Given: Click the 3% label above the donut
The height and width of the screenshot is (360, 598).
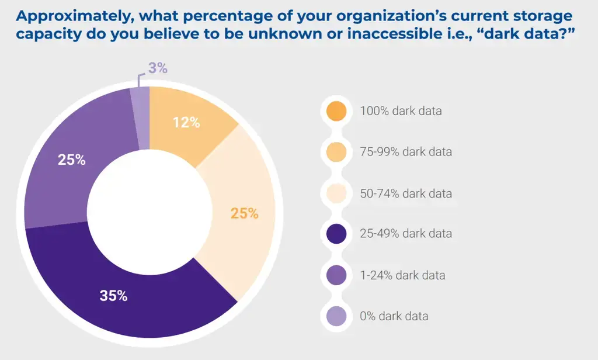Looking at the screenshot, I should (x=158, y=68).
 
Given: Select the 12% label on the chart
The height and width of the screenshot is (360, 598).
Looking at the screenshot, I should (x=186, y=123).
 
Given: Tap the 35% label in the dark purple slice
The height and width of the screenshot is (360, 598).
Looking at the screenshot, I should (x=113, y=296).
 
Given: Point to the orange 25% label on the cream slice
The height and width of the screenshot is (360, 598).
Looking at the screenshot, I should (x=244, y=213).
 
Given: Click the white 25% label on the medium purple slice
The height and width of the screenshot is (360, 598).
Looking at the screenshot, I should (x=72, y=160).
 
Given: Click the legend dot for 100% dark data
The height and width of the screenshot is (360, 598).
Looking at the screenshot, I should (x=336, y=110).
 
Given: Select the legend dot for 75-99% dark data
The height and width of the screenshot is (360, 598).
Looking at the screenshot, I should (x=336, y=152).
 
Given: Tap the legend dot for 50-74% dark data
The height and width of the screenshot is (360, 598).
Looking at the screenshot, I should (x=336, y=193).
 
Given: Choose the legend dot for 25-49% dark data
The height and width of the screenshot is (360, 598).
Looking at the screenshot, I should (x=336, y=234).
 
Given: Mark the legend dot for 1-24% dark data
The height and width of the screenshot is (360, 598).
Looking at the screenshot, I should (x=336, y=275).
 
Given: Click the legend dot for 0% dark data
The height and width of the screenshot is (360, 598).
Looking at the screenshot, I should (x=336, y=316).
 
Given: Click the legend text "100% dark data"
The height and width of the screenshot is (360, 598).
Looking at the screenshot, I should (x=401, y=110).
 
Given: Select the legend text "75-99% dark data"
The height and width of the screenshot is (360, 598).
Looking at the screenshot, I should (x=406, y=152).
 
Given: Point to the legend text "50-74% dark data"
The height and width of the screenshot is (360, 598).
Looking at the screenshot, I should (x=406, y=193).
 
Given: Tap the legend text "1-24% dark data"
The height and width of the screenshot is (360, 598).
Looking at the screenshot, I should (x=402, y=275).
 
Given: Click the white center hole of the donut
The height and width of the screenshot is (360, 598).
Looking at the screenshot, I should (x=149, y=211).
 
